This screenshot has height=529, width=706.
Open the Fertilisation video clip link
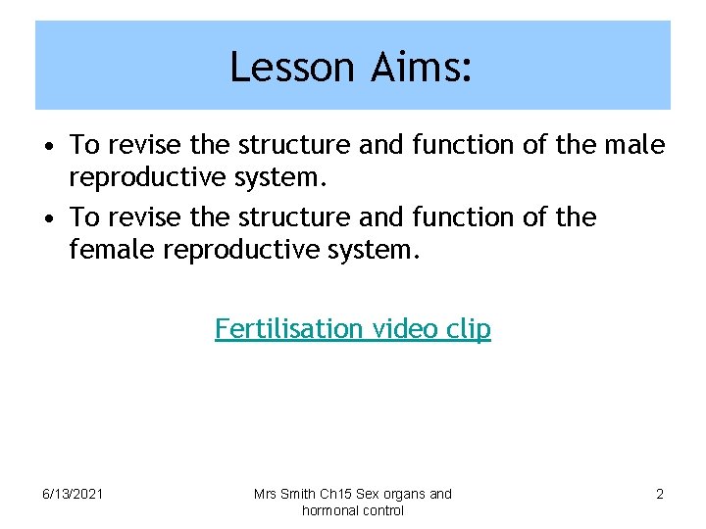353,328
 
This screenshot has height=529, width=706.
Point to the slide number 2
659,494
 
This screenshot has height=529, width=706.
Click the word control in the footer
383,510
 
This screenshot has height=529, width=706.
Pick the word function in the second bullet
451,216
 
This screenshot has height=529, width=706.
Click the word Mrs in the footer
267,494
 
